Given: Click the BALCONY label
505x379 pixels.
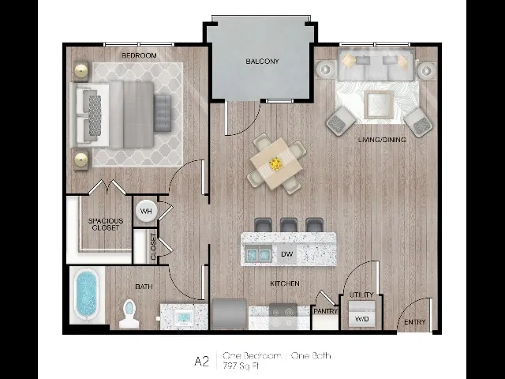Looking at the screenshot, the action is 262,62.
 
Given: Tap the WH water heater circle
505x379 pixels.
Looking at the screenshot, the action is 146,212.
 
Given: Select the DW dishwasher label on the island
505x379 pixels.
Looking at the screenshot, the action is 286,254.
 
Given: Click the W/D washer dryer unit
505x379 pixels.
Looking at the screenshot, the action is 361,314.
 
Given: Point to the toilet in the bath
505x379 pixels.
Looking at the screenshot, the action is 129,314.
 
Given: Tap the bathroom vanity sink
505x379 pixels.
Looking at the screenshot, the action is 184,317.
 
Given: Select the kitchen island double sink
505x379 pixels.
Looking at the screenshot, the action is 258,254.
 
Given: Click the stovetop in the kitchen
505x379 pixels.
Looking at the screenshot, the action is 282,316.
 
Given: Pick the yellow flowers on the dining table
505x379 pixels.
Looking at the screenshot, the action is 275,163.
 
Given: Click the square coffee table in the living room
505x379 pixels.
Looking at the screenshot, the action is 379,105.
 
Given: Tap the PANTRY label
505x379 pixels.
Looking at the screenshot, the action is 325,311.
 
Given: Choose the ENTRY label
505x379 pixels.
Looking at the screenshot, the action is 415,322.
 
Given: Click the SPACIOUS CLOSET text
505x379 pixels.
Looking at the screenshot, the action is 106,224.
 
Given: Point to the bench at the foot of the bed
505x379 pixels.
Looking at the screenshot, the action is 163,113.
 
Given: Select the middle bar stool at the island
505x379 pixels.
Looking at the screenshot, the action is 289,225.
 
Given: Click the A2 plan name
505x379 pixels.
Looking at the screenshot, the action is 202,362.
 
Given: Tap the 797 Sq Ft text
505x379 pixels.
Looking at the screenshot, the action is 241,366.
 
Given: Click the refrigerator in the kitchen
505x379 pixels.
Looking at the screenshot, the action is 229,314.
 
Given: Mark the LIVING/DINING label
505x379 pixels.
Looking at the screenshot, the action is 382,140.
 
